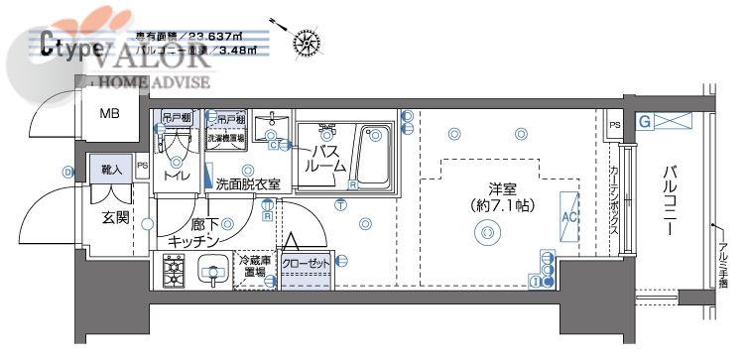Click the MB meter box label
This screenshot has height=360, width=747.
[109, 113]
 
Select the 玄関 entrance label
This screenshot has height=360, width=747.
[115, 217]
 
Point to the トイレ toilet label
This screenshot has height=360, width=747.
[177, 176]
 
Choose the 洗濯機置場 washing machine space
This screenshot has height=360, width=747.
[225, 139]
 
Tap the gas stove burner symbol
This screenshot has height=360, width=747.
[175, 268]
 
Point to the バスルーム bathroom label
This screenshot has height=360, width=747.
[326, 159]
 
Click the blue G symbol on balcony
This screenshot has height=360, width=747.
[644, 123]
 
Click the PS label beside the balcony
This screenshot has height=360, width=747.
[615, 125]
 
